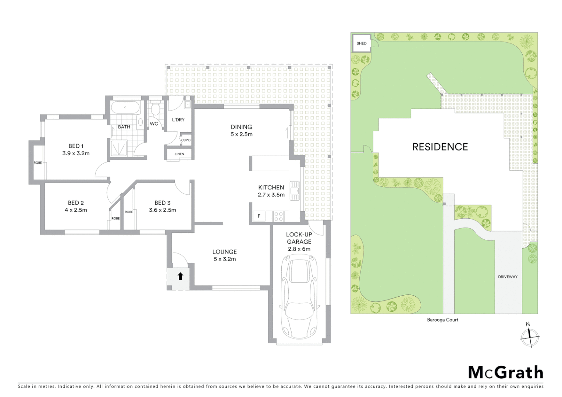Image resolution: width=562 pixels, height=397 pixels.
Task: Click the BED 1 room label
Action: (x=76, y=146)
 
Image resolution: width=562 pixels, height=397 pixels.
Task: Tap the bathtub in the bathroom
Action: (x=125, y=108)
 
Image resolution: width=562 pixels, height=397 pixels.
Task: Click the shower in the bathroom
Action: (x=118, y=149)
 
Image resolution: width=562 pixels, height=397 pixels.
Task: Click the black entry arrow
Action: (x=180, y=276)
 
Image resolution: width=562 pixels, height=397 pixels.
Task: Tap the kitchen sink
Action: (x=295, y=190)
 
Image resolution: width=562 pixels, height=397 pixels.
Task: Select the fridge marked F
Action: (x=259, y=216)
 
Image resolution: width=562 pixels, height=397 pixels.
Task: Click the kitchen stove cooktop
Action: (x=279, y=216)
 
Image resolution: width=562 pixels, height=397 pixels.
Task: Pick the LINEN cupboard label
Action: (x=179, y=154)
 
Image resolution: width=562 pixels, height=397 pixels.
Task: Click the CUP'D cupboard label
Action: (x=186, y=140)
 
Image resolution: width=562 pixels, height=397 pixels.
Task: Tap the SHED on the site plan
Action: (x=362, y=43)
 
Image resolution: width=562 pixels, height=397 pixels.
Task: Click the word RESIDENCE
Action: (x=440, y=147)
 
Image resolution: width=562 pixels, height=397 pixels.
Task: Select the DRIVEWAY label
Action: (x=508, y=277)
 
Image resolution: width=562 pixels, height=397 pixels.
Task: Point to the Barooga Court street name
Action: (x=442, y=320)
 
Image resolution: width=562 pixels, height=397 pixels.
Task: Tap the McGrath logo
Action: (x=505, y=372)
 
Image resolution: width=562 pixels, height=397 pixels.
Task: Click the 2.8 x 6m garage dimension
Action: (x=299, y=249)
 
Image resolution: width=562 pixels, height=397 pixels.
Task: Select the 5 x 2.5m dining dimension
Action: (x=241, y=134)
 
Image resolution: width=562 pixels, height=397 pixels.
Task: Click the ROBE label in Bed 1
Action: (x=38, y=162)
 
